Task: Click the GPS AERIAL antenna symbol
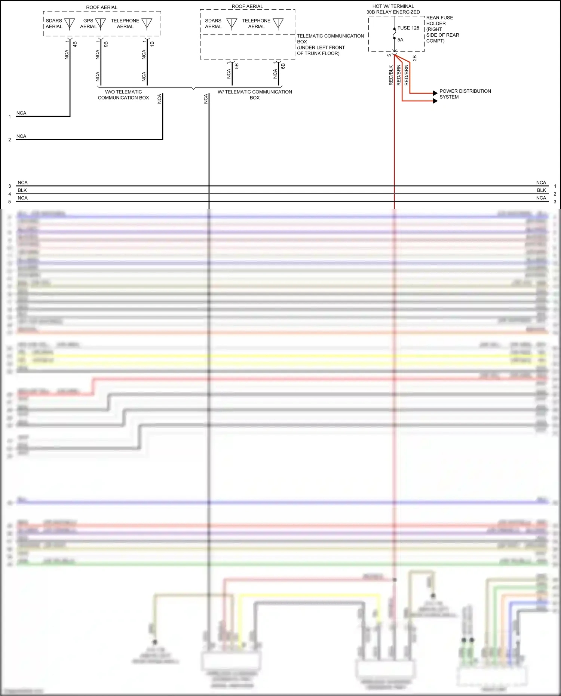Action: (100, 24)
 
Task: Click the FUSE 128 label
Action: (408, 28)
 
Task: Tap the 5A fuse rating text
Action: (400, 40)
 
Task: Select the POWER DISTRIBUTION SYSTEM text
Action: (465, 94)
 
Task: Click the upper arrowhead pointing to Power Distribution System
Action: (435, 93)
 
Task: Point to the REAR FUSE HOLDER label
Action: (442, 29)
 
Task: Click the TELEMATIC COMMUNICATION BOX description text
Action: (330, 45)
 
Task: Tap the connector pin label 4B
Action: (75, 44)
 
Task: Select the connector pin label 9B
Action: (106, 44)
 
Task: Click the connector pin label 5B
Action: (236, 66)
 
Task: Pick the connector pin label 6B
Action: (283, 66)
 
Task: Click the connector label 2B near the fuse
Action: (414, 58)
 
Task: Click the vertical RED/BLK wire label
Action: (391, 76)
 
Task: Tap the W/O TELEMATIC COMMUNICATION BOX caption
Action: (123, 95)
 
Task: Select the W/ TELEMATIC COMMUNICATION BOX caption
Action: (255, 95)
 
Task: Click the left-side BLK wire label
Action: (22, 190)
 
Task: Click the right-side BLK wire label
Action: (541, 190)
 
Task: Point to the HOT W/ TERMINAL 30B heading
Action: (393, 9)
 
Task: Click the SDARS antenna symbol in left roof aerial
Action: (70, 24)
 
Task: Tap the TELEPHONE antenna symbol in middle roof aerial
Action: (278, 24)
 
